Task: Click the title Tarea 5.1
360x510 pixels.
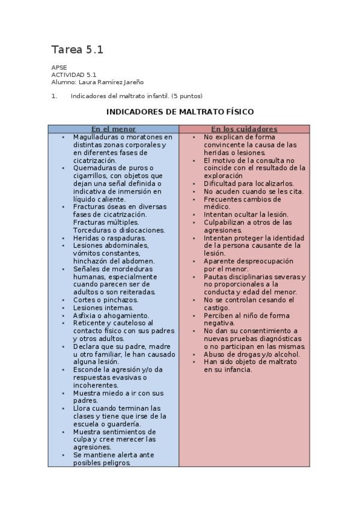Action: (x=77, y=50)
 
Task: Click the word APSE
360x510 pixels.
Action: (x=59, y=67)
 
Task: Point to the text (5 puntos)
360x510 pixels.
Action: (x=187, y=96)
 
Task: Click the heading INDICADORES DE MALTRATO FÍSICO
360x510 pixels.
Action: (x=180, y=112)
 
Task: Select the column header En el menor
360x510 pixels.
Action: (x=113, y=129)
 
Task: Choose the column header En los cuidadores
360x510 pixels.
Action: (x=244, y=129)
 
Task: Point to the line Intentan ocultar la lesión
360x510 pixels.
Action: (x=246, y=215)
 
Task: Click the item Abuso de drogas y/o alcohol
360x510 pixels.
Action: (x=251, y=355)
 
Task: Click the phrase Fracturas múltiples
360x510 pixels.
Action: (x=102, y=223)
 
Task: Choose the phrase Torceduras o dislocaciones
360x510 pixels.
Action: (x=118, y=230)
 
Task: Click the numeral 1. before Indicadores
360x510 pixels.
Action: (x=54, y=96)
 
